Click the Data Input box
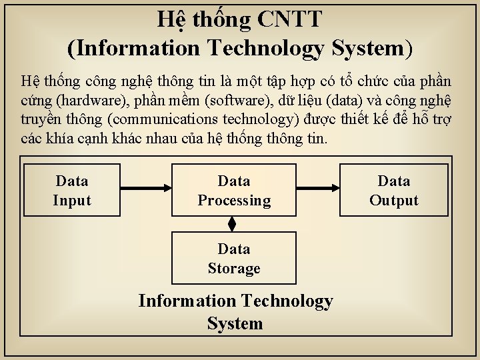click(72, 190)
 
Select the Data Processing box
click(234, 190)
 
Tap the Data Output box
click(394, 190)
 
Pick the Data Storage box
click(234, 258)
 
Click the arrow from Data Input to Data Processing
click(146, 190)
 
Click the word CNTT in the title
click(288, 20)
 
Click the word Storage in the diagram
click(234, 268)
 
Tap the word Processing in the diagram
click(234, 201)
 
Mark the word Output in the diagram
click(394, 201)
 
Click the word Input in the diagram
click(72, 201)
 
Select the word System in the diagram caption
click(235, 324)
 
